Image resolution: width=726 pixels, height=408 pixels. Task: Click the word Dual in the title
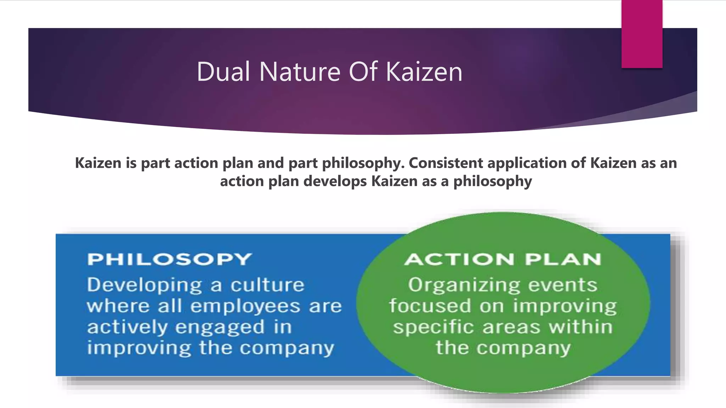pyautogui.click(x=223, y=72)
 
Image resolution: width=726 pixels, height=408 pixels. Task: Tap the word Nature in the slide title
pyautogui.click(x=300, y=72)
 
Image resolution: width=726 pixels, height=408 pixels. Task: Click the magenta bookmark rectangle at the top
pyautogui.click(x=642, y=34)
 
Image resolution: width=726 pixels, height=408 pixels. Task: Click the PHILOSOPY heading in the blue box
pyautogui.click(x=169, y=259)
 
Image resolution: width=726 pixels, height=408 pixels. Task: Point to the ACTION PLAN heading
pyautogui.click(x=503, y=259)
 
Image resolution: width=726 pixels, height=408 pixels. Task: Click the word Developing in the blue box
pyautogui.click(x=144, y=285)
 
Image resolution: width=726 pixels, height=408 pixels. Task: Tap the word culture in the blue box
pyautogui.click(x=268, y=285)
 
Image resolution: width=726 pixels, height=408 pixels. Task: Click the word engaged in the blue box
pyautogui.click(x=220, y=327)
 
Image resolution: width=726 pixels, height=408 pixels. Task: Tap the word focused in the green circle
pyautogui.click(x=430, y=306)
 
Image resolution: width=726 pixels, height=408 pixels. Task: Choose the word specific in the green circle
pyautogui.click(x=433, y=327)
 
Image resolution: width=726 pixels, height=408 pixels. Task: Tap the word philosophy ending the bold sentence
pyautogui.click(x=493, y=181)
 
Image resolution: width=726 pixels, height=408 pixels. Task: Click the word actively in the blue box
pyautogui.click(x=127, y=327)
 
